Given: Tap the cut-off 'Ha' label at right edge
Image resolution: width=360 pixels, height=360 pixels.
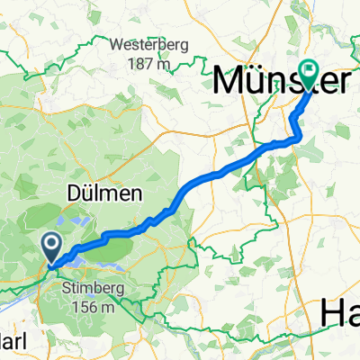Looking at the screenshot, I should coord(340,312).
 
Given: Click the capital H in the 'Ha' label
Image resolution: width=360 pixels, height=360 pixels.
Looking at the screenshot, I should coord(331,312).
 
